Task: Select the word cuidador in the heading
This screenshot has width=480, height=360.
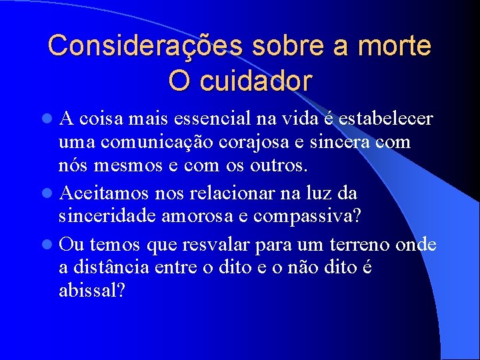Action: (x=265, y=81)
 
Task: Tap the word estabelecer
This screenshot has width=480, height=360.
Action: (x=386, y=119)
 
